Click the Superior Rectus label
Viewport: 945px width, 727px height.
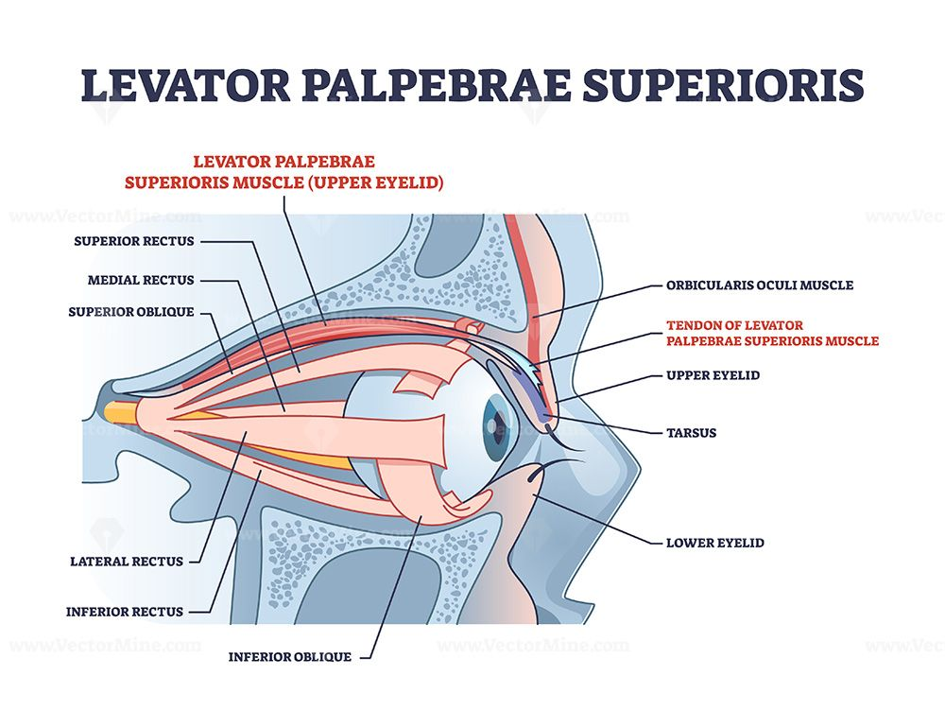tap(134, 241)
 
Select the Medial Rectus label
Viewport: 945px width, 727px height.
tap(141, 280)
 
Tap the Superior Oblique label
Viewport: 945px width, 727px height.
tap(130, 311)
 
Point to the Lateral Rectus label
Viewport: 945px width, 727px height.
tap(127, 561)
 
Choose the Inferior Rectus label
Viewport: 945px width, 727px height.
tap(124, 612)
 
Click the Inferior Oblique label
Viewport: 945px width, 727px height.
tap(290, 656)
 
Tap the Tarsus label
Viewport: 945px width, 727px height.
tap(691, 433)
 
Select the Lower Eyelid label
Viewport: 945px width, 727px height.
tap(714, 543)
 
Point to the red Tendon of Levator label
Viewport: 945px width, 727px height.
tap(772, 334)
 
